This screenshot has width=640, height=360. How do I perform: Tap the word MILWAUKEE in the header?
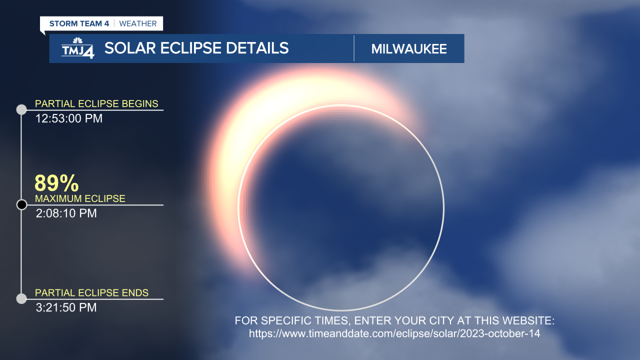pos(409,49)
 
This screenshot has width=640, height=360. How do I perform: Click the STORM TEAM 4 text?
pos(79,23)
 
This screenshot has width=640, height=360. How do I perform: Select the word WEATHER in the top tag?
pos(138,23)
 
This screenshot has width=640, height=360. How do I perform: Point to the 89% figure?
pos(56,183)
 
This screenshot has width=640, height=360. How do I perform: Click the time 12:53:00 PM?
pos(69,119)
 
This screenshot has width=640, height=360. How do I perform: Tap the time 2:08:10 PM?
pos(66,213)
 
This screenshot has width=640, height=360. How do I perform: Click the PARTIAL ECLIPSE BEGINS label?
pos(96,104)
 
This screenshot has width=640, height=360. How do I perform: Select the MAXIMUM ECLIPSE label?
pos(80,198)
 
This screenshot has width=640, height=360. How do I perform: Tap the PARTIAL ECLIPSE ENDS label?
pos(91,293)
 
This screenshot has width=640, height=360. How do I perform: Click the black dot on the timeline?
pos(21,204)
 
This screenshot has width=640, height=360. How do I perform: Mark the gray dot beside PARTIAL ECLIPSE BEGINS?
pos(21,110)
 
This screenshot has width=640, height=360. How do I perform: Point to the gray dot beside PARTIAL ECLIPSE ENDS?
pos(21,299)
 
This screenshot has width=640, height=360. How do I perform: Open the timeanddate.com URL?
pos(394,333)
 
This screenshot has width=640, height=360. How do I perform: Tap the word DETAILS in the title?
pos(257,48)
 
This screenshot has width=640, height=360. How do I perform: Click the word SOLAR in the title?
pos(128,48)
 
